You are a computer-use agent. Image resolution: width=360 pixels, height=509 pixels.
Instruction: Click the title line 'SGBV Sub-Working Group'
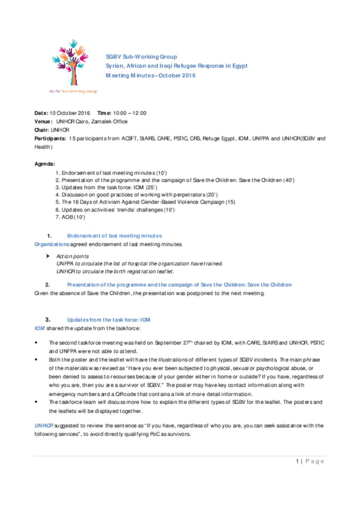coord(141,57)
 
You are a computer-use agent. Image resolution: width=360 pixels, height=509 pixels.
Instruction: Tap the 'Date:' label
coord(41,113)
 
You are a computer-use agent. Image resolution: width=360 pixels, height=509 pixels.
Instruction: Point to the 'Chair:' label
coord(42,130)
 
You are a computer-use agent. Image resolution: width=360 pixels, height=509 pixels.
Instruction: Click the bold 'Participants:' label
coord(50,138)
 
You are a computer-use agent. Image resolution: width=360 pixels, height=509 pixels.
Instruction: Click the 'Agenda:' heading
coord(45,164)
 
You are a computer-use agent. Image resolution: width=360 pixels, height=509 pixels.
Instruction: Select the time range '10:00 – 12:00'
coord(129,113)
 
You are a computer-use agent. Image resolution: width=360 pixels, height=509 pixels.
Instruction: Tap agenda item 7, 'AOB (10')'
coord(70,217)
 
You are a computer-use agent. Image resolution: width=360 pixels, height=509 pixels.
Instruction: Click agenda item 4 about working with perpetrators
coord(136,195)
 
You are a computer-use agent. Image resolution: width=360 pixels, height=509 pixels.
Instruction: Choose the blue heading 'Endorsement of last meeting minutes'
coord(114,236)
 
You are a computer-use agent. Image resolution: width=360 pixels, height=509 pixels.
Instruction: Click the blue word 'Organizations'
coord(52,244)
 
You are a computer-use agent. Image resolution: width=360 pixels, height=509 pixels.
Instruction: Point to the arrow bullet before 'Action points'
coord(47,256)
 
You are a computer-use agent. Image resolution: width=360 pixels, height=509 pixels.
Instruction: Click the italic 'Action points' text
coord(72,256)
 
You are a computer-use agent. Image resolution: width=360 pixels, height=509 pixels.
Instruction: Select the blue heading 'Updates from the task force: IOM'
coord(109,320)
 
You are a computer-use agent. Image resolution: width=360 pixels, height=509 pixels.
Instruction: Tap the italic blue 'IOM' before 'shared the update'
coord(39,328)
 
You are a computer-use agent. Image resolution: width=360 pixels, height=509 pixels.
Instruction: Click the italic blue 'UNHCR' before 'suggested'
coord(44,425)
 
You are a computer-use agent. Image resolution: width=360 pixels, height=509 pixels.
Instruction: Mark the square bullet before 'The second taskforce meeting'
coord(36,342)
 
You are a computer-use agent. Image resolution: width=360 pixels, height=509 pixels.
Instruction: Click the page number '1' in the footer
coord(297,461)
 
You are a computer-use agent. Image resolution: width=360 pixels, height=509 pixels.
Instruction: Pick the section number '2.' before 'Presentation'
coord(47,285)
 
